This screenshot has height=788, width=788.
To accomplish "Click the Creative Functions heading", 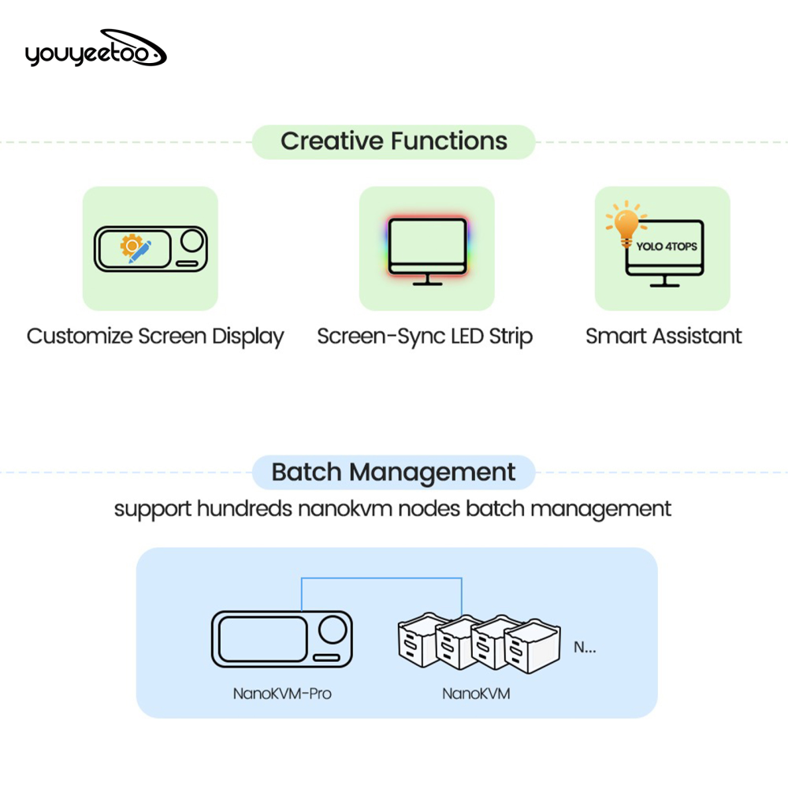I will click(394, 142).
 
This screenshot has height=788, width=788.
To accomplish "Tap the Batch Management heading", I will click(393, 473).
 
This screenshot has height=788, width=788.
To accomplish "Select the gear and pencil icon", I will click(135, 248).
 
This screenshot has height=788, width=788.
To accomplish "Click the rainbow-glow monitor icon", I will click(426, 247).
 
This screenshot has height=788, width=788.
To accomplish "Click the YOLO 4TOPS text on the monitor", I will click(666, 246).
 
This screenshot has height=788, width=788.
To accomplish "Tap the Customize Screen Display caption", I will click(155, 336).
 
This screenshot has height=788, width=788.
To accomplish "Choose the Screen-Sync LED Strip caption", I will click(425, 336).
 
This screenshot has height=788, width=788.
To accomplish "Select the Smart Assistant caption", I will click(663, 336).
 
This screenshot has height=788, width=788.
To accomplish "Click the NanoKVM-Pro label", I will click(281, 694).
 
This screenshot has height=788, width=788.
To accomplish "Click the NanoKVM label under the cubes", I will click(475, 694).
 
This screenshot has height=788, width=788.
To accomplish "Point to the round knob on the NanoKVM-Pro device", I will click(333, 628).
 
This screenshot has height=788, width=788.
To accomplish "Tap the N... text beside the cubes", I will click(584, 648).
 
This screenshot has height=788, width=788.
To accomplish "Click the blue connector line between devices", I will click(381, 579).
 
